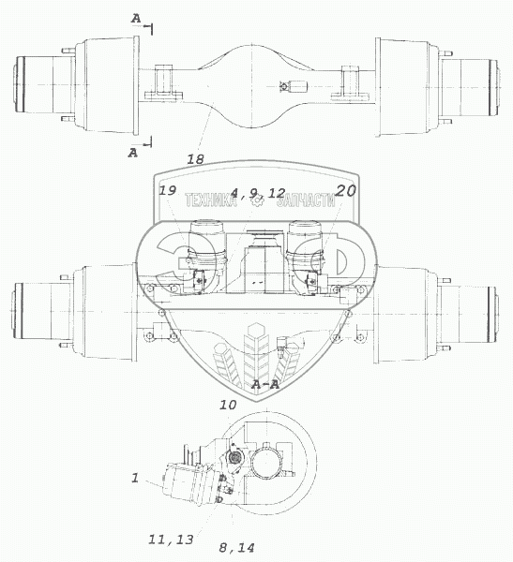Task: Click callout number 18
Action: [x=195, y=159]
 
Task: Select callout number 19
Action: [x=167, y=190]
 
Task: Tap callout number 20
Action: [x=346, y=190]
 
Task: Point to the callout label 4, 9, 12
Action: [x=258, y=193]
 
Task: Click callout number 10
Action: [x=228, y=405]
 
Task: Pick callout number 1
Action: [x=135, y=478]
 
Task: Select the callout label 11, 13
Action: [x=171, y=540]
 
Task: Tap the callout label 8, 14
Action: [x=236, y=547]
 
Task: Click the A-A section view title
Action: [x=265, y=385]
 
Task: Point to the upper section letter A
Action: [x=136, y=19]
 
